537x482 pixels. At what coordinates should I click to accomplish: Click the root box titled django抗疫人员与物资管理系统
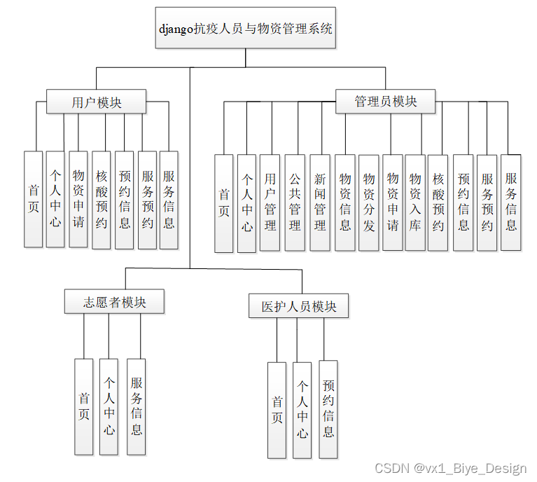pyautogui.click(x=245, y=29)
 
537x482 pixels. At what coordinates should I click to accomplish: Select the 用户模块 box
pyautogui.click(x=97, y=102)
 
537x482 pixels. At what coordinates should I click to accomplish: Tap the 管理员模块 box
pyautogui.click(x=386, y=102)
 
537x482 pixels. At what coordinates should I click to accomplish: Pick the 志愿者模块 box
pyautogui.click(x=115, y=302)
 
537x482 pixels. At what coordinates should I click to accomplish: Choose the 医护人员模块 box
pyautogui.click(x=299, y=306)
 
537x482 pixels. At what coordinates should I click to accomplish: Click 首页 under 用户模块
pyautogui.click(x=34, y=199)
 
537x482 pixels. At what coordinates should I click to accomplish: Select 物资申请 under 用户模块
pyautogui.click(x=78, y=199)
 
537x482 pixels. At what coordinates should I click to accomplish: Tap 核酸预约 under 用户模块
pyautogui.click(x=102, y=200)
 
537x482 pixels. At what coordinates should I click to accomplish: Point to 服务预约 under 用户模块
pyautogui.click(x=147, y=200)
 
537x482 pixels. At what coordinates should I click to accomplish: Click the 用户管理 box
pyautogui.click(x=270, y=202)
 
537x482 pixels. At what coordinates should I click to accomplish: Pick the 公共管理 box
pyautogui.click(x=295, y=202)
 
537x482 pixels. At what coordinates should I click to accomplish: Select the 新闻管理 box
pyautogui.click(x=320, y=202)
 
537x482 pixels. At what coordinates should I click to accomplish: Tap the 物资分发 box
pyautogui.click(x=369, y=202)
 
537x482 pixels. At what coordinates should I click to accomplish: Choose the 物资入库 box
pyautogui.click(x=415, y=202)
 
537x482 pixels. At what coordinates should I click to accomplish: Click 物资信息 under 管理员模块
pyautogui.click(x=345, y=202)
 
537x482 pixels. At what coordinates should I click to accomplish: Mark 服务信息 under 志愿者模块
pyautogui.click(x=137, y=406)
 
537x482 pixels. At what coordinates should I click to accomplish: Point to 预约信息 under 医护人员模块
pyautogui.click(x=328, y=408)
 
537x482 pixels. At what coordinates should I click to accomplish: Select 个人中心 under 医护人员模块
pyautogui.click(x=302, y=409)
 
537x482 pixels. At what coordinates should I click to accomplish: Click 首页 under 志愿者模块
pyautogui.click(x=84, y=406)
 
